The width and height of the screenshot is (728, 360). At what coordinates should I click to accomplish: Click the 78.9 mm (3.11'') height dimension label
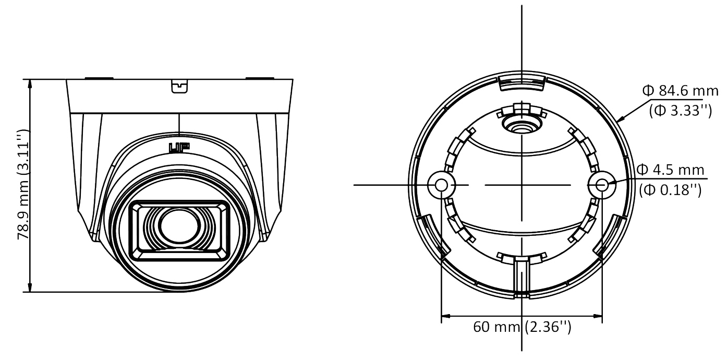23,185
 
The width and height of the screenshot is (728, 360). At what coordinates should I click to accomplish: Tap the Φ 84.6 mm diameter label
680,91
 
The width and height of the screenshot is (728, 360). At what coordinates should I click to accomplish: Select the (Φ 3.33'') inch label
681,111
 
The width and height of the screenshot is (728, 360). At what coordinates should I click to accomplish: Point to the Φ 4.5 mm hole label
670,170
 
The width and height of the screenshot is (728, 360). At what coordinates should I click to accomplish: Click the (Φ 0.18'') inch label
670,190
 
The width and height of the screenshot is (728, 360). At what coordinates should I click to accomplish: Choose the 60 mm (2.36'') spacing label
522,327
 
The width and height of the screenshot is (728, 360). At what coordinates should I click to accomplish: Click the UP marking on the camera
179,148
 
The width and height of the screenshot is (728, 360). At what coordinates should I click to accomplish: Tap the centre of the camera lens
179,226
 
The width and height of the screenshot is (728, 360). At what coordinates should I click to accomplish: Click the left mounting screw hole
441,185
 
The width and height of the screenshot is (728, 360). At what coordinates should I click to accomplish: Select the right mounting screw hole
602,185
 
